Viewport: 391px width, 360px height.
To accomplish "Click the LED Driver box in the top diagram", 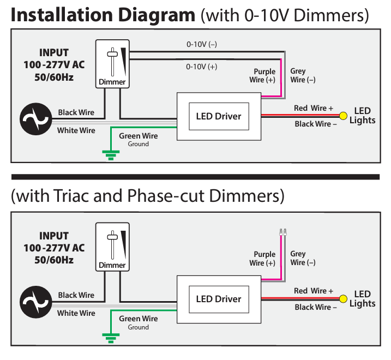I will [218, 116].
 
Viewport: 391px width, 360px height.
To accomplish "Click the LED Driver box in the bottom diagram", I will [218, 298].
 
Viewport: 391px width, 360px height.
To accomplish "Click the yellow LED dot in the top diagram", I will [344, 116].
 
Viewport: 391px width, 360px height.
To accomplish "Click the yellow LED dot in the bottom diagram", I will [344, 298].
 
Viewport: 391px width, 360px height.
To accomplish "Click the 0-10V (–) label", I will [201, 45].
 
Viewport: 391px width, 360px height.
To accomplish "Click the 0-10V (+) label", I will [201, 67].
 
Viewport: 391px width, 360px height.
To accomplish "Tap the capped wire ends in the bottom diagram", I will [282, 231].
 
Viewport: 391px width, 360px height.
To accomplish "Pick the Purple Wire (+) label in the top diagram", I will [264, 76].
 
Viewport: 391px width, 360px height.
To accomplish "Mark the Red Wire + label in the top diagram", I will [313, 108].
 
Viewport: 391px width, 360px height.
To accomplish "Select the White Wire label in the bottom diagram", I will [76, 313].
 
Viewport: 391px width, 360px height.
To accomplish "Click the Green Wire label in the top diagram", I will [138, 136].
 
